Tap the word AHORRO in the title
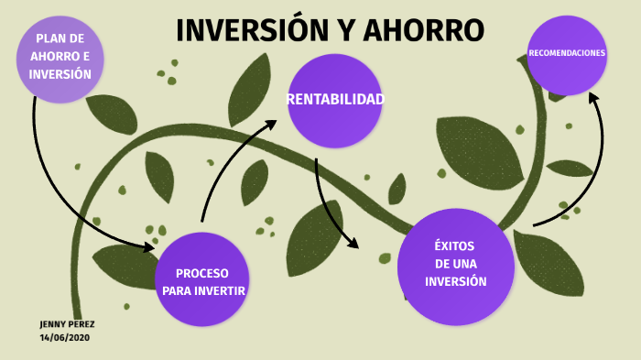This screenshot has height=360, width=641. click(424, 30)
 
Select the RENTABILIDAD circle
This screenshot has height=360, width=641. click(334, 100)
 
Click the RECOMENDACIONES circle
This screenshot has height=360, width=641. click(567, 55)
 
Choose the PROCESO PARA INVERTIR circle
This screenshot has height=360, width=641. click(202, 280)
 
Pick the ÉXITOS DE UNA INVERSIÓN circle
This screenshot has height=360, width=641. click(455, 266)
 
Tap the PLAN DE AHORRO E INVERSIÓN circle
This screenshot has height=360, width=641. click(60, 59)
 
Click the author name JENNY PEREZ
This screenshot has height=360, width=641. click(67, 324)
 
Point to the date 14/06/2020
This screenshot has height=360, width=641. click(64, 337)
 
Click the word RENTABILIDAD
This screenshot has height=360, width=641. click(335, 99)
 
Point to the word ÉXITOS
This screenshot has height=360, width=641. click(455, 246)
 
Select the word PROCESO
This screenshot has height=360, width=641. click(202, 273)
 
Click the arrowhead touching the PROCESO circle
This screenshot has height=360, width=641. click(148, 246)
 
